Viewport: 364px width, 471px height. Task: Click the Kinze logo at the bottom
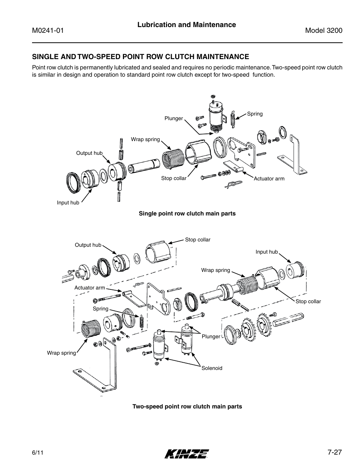point(187,453)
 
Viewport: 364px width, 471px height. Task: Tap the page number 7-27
point(335,452)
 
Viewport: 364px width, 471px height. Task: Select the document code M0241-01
point(47,31)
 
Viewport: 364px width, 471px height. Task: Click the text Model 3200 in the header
point(324,31)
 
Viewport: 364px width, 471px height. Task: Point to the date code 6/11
point(37,453)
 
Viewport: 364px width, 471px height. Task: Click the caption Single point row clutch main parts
point(187,214)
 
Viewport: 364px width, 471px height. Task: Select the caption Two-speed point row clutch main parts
point(187,407)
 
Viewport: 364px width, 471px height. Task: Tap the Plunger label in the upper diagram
point(174,119)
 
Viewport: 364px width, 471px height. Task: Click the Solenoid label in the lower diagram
point(212,368)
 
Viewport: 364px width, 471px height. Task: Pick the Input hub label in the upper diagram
point(68,203)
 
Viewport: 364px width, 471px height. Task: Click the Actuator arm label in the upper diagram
point(269,178)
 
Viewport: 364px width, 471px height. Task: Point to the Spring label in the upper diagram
point(255,114)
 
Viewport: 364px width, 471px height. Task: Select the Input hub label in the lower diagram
point(267,252)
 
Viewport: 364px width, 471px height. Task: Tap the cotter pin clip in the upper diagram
point(231,185)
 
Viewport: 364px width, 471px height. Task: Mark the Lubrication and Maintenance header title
point(187,25)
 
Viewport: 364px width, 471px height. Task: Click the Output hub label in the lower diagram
point(88,245)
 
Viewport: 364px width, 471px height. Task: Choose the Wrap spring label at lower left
point(61,353)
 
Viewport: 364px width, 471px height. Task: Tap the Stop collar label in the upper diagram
point(174,178)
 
